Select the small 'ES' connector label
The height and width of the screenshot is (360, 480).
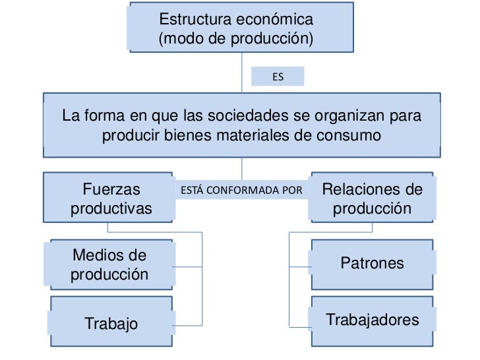click(278, 77)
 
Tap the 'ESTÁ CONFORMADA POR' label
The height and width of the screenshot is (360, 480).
click(241, 191)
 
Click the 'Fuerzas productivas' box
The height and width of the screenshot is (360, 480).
click(110, 198)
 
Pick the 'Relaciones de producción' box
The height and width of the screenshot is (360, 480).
click(372, 198)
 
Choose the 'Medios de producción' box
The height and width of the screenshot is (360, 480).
click(109, 264)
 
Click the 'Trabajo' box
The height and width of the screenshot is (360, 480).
click(111, 323)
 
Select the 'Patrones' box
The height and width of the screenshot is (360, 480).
click(372, 264)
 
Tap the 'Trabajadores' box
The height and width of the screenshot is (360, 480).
click(372, 320)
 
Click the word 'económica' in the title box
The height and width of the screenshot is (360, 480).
click(280, 19)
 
